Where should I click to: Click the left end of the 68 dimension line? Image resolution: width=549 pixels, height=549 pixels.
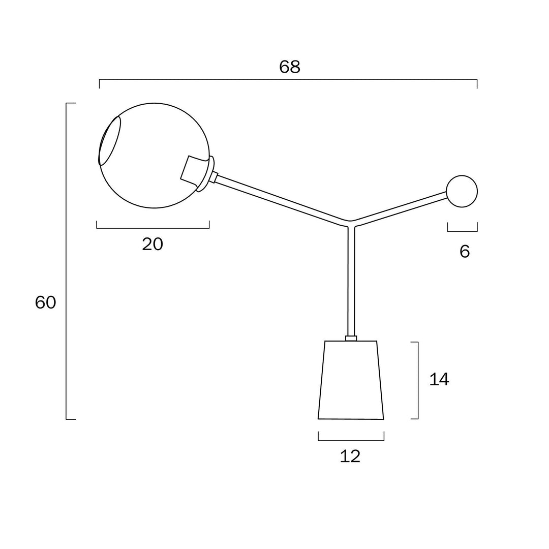(100, 80)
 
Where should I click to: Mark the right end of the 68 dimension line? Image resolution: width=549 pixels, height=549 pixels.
(477, 80)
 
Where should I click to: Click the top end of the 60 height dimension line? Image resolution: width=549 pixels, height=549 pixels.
(67, 103)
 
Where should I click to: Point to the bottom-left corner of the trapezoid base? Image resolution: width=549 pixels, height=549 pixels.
(318, 419)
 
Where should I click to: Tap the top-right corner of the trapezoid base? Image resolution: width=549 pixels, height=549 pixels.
(377, 341)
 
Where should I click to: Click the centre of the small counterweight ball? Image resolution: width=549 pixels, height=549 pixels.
(462, 191)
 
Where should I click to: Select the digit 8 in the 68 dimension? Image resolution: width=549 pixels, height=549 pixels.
(295, 67)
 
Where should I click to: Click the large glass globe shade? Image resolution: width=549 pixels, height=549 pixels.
(155, 156)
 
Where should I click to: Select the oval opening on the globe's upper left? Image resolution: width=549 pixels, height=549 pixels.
(110, 141)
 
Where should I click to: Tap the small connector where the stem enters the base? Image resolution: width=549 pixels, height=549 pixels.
(351, 338)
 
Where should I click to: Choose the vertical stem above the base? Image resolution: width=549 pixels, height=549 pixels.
(351, 281)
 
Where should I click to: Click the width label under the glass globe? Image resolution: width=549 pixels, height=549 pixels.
(152, 244)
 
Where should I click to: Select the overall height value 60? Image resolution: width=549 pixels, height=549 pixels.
(46, 302)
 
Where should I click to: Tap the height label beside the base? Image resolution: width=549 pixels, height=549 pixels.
(439, 380)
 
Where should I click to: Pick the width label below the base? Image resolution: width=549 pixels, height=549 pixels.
(350, 456)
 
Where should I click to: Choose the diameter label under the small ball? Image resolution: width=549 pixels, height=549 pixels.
(465, 252)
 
